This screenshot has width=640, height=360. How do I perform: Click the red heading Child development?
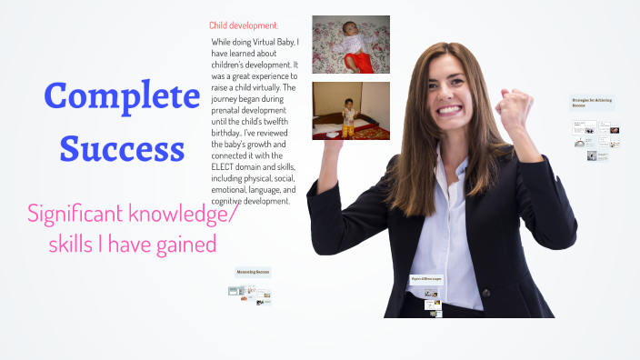point(244,25)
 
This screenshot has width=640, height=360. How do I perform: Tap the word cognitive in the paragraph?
point(229,201)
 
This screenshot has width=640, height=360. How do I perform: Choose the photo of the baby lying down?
point(350,45)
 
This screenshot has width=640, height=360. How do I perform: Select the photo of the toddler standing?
point(350,110)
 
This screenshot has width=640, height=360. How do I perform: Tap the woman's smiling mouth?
point(453,111)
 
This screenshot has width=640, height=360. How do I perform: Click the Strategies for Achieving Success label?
point(592,103)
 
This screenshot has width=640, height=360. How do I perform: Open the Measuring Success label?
point(254,272)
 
